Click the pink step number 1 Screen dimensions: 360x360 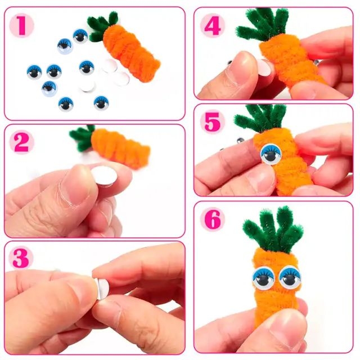click(21, 25)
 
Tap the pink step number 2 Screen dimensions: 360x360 click(21, 142)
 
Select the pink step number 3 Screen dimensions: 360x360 click(21, 258)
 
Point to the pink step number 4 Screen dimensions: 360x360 click(213, 26)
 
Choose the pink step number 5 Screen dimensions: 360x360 click(213, 121)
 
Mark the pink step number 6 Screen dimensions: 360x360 click(213, 220)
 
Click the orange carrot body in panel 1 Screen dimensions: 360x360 click(132, 53)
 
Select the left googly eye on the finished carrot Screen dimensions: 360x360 click(264, 278)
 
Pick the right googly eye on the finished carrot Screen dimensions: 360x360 click(290, 277)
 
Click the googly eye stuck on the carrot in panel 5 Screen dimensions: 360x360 click(271, 154)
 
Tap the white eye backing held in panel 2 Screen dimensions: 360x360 click(104, 176)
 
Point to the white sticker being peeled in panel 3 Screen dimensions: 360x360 click(102, 288)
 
